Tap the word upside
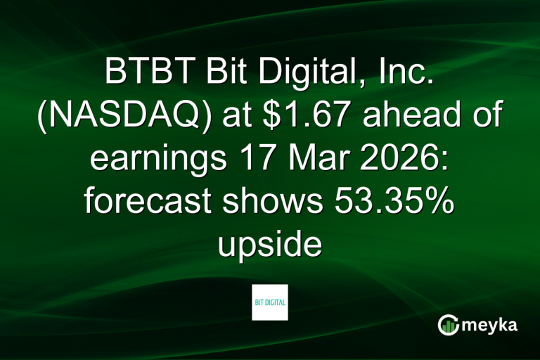270,246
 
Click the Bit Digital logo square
270,302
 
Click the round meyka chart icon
448,325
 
